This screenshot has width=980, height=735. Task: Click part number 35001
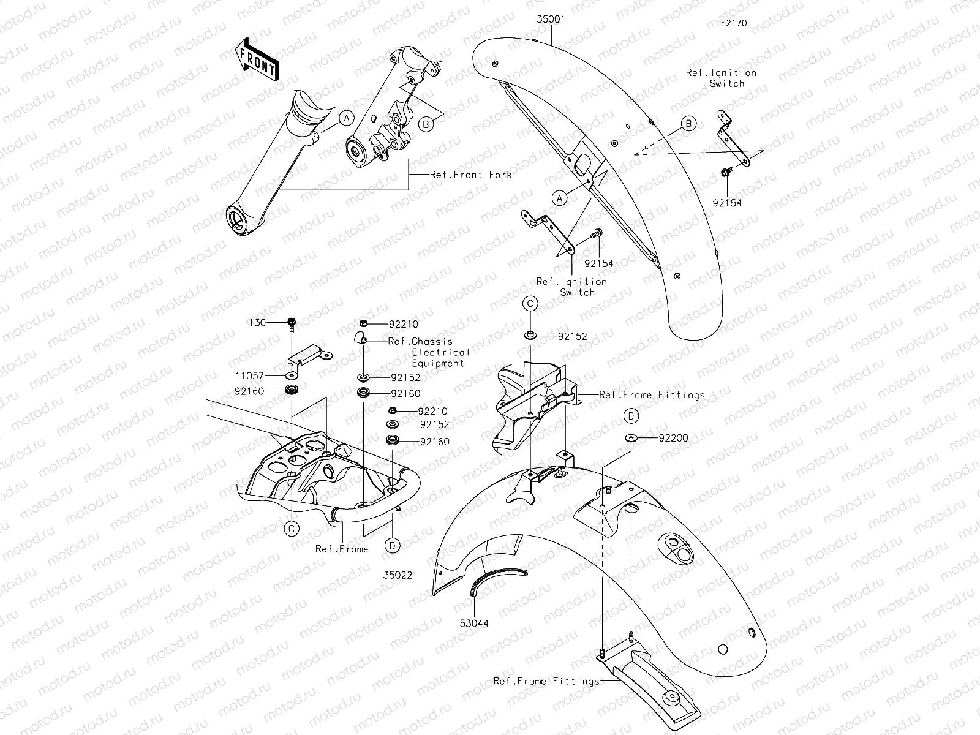click(551, 20)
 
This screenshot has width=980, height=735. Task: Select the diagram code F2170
click(734, 23)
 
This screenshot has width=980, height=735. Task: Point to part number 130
click(257, 323)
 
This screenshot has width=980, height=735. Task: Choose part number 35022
click(398, 575)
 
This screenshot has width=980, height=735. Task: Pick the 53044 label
click(475, 624)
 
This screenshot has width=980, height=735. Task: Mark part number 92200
click(673, 438)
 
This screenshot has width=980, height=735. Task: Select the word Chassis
click(432, 342)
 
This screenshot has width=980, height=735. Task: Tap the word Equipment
click(438, 363)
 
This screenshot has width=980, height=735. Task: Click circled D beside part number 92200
click(631, 416)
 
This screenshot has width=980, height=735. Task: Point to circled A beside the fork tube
click(346, 117)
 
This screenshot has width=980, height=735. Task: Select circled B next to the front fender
click(689, 124)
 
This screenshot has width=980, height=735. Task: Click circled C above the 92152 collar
click(530, 303)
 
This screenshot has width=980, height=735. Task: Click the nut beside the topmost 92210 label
click(363, 323)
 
